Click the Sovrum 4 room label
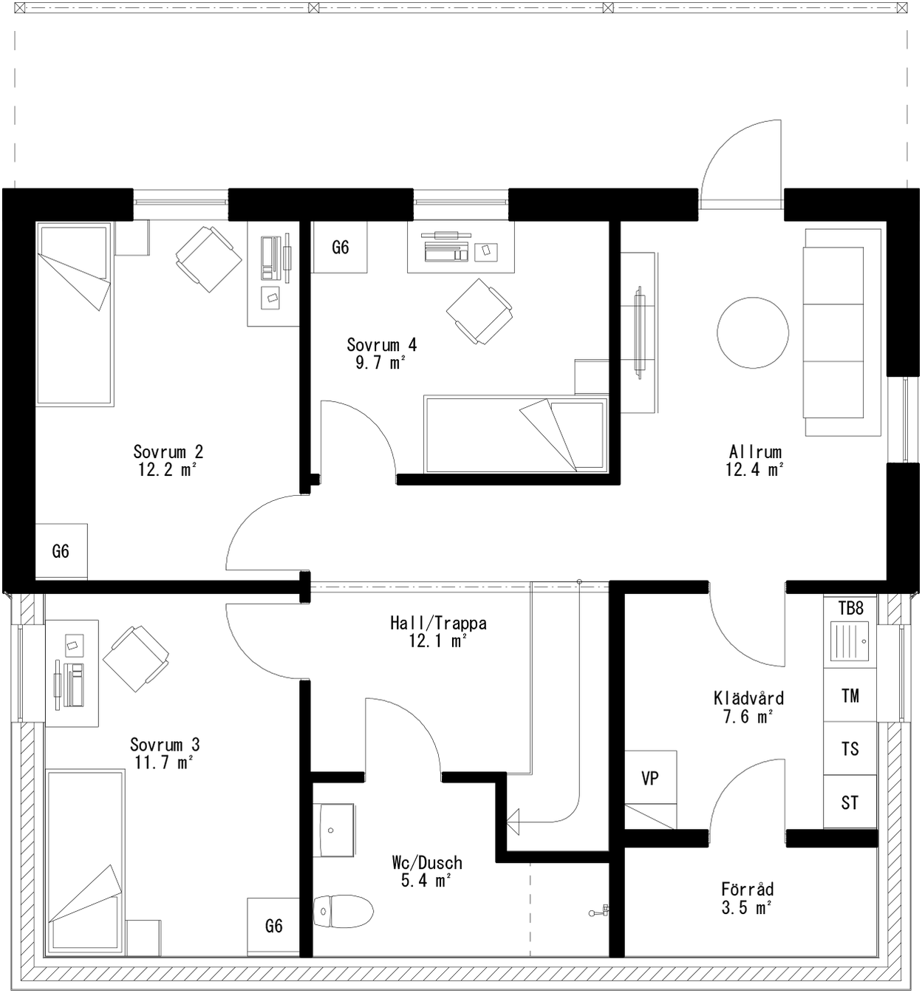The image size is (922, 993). click(381, 344)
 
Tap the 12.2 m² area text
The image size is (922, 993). click(168, 469)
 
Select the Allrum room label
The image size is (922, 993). click(754, 451)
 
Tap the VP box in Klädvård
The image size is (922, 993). click(650, 778)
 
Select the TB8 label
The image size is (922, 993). click(850, 608)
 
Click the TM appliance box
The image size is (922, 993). click(850, 695)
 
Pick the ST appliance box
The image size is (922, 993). click(850, 802)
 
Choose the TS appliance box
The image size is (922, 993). click(850, 748)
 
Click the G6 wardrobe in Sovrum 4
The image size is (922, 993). click(340, 247)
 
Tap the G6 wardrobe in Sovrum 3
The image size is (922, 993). click(273, 926)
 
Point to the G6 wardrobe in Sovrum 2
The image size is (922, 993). click(61, 551)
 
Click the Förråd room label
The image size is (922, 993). click(747, 889)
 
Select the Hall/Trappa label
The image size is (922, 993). click(438, 623)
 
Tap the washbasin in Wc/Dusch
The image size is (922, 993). click(334, 830)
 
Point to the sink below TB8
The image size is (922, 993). click(850, 641)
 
